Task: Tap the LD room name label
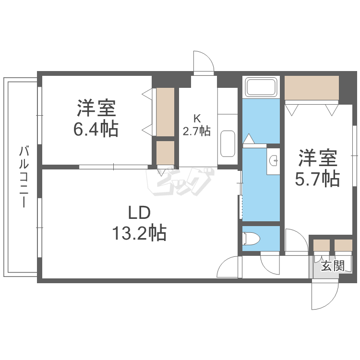click(x=139, y=212)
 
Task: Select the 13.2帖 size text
click(x=139, y=233)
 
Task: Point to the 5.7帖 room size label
click(x=317, y=179)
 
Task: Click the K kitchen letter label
click(x=196, y=118)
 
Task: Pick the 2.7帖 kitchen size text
click(x=196, y=130)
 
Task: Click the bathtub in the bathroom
click(x=261, y=87)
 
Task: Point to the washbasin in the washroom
click(x=274, y=160)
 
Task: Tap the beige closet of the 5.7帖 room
click(x=312, y=87)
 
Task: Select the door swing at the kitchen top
click(x=203, y=62)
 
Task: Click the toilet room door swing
click(x=268, y=263)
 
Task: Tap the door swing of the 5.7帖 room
click(x=295, y=240)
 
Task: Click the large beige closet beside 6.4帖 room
click(x=165, y=111)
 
